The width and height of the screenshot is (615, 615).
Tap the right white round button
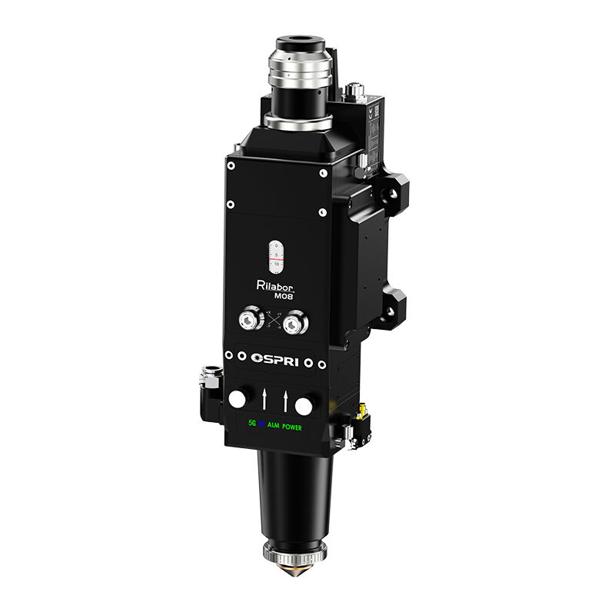306,404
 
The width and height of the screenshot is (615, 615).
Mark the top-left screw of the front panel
230,162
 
